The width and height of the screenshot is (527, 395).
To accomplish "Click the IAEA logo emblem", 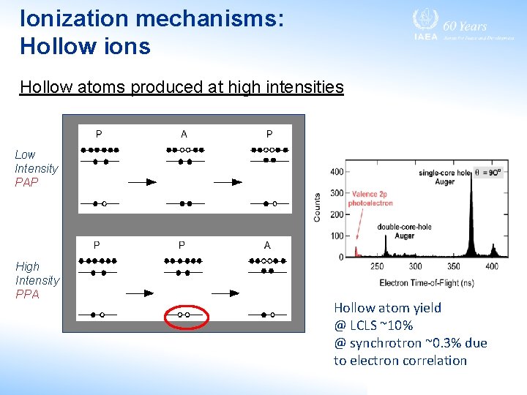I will [x=424, y=20].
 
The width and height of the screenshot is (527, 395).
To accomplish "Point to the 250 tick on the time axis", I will [x=376, y=266].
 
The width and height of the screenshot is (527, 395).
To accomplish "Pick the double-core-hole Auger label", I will [x=404, y=231].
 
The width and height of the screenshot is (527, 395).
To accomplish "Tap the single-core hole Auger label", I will [x=447, y=176].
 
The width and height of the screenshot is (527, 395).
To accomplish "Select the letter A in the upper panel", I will [x=184, y=134].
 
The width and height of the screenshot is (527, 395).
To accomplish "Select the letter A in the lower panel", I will [x=267, y=245].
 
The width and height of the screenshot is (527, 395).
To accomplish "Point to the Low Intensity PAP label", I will [x=36, y=168].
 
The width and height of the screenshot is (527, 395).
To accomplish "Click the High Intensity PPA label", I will [x=37, y=280].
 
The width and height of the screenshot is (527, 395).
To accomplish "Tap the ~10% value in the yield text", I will [x=396, y=326].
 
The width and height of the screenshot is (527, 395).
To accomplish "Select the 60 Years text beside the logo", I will [x=466, y=26].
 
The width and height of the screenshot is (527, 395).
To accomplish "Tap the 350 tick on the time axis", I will [x=454, y=266].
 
